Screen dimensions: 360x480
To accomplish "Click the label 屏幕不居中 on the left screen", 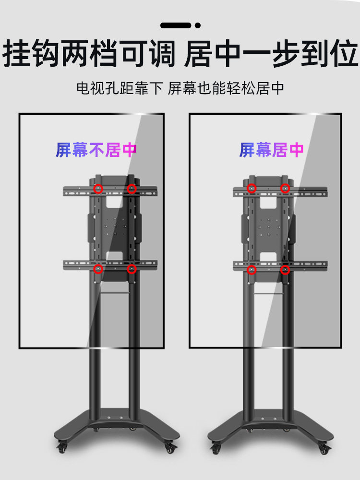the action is (96, 150).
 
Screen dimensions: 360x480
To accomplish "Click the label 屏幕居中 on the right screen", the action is (271, 150).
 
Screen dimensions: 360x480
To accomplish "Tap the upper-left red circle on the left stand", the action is (98, 189).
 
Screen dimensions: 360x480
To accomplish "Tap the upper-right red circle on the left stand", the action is (132, 189).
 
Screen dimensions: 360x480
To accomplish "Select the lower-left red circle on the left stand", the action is (98, 269).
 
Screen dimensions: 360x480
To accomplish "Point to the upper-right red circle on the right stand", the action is (285, 189).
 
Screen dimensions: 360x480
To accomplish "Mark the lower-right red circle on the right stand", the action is (285, 269).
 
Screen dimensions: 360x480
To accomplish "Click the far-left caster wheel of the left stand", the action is (61, 449).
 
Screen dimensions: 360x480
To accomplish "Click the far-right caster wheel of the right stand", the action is (324, 449).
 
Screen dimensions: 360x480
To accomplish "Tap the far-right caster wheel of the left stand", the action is (170, 449).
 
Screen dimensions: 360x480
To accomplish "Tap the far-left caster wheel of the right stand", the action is (215, 449).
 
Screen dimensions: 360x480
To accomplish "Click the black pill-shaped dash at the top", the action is (176, 25).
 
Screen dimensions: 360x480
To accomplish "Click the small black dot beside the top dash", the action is (198, 25).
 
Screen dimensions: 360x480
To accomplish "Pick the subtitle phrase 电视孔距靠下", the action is (120, 88).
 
